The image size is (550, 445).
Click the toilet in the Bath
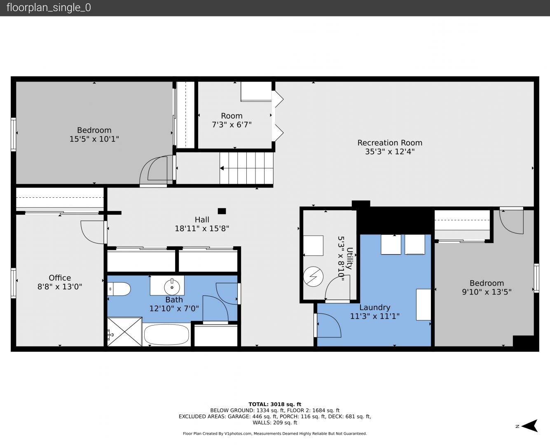pos(119,289)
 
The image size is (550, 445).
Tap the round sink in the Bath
pos(172,287)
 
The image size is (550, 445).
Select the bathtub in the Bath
pos(166,335)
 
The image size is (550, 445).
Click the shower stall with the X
pos(125,331)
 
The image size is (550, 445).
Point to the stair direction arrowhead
pos(222,168)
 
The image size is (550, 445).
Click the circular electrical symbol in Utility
pos(313,276)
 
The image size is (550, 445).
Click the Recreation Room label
pos(390,143)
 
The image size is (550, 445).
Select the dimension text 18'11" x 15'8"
pos(202,229)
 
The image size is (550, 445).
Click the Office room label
pos(60,278)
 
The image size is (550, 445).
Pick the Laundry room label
pos(374,307)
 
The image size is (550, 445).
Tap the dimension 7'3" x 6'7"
pos(232,125)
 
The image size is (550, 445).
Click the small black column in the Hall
pos(222,211)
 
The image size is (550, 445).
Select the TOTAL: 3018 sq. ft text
pos(275,404)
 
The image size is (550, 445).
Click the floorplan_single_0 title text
pos(49,8)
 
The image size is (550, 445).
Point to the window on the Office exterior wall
pos(14,283)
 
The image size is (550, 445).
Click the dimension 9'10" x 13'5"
pos(487,292)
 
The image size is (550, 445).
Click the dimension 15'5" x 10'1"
pos(94,139)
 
